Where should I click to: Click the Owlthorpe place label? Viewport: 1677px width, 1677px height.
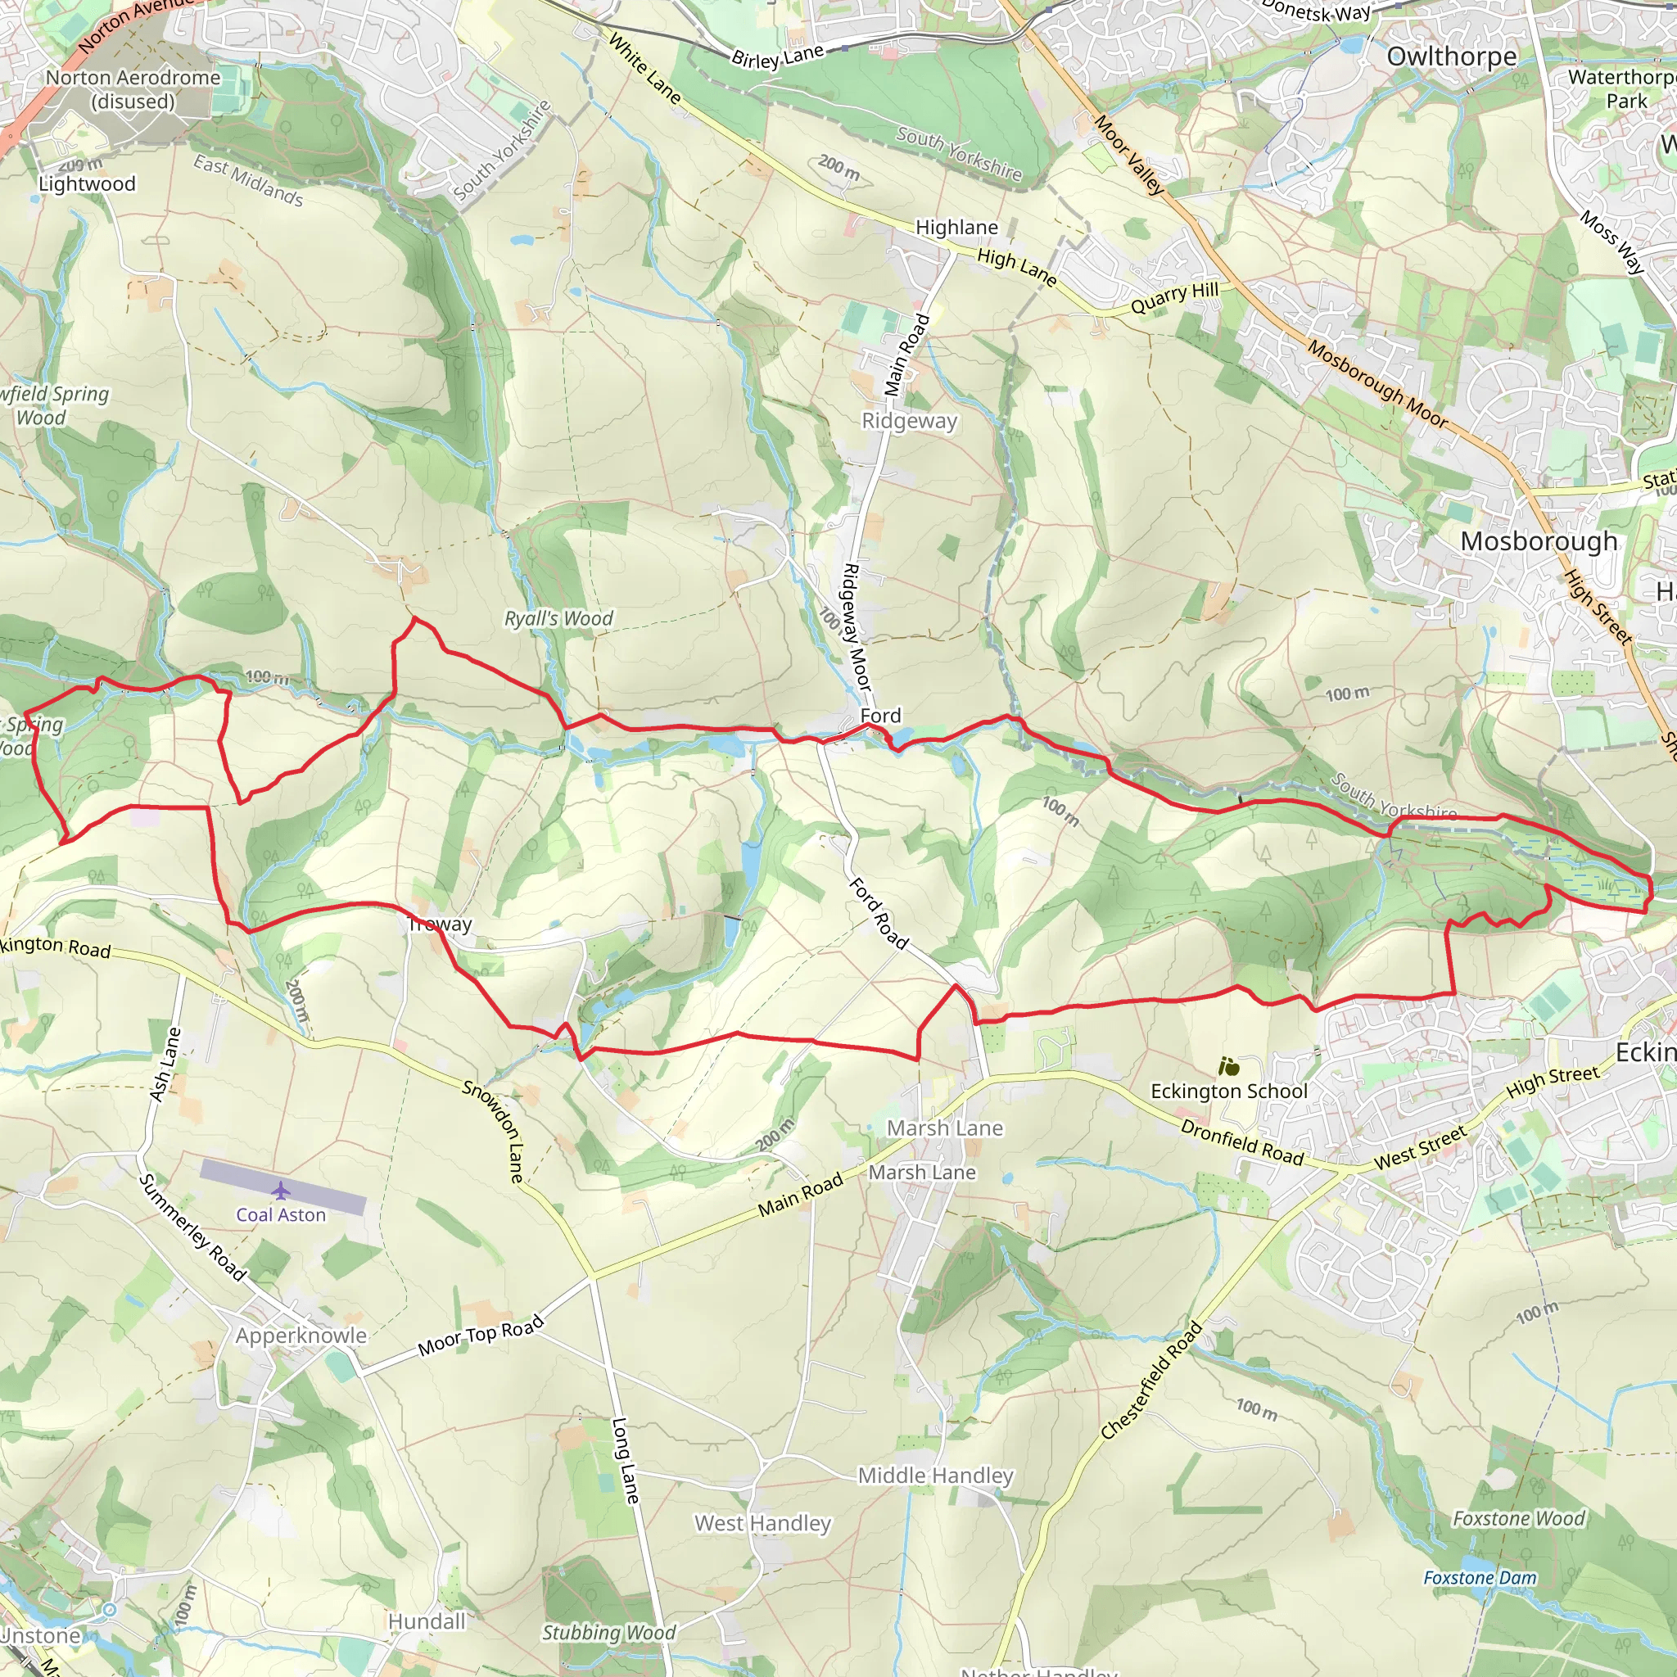(1451, 57)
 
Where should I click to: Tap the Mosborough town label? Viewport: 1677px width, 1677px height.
(1538, 540)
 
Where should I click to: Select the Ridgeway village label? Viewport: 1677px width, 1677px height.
(909, 421)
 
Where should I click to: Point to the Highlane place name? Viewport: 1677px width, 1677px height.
(956, 228)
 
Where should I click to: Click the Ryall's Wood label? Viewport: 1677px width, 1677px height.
(558, 619)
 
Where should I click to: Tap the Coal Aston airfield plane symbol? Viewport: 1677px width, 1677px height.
(280, 1190)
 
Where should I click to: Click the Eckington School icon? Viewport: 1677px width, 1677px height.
(1228, 1066)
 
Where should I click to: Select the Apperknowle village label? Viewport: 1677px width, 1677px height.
(301, 1336)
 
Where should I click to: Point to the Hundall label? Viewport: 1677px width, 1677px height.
(426, 1621)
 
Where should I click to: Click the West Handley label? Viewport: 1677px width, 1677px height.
(762, 1523)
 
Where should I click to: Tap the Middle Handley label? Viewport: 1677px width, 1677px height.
(935, 1476)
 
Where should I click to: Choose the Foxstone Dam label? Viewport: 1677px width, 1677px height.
(1479, 1578)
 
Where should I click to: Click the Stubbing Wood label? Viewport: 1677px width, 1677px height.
(608, 1633)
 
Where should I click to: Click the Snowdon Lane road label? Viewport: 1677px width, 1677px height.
(504, 1131)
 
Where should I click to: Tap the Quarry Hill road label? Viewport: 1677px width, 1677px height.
(1173, 298)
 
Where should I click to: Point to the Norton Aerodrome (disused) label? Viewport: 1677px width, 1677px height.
(133, 89)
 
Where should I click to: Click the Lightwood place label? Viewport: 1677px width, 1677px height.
(87, 184)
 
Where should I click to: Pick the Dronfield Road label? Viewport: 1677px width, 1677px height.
(1241, 1142)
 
